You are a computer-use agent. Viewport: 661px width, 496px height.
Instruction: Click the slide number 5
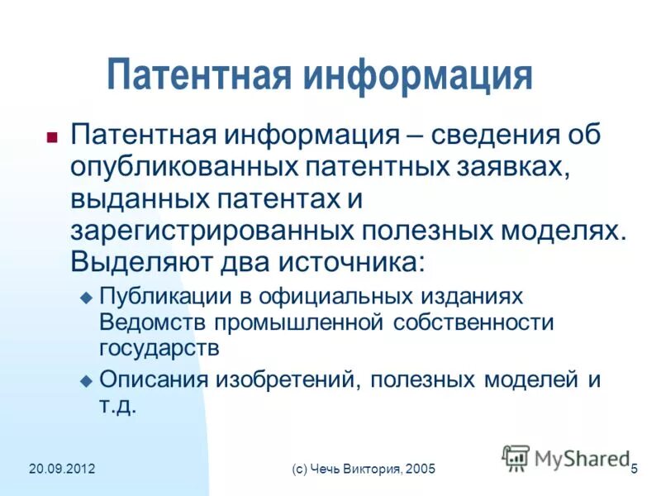634,470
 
